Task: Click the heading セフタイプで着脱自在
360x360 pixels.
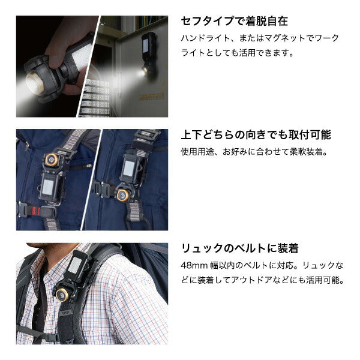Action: tap(234, 22)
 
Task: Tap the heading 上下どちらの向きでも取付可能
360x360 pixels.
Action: tap(256, 135)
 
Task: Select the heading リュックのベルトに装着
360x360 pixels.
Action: tap(239, 248)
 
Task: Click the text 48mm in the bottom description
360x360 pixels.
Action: tap(194, 265)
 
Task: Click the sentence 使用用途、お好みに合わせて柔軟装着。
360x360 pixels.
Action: tap(254, 152)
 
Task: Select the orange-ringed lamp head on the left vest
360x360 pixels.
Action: tap(52, 159)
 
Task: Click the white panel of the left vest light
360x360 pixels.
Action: tap(48, 187)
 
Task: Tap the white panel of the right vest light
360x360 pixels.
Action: tap(129, 169)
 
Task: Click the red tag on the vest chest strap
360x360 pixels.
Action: tap(34, 211)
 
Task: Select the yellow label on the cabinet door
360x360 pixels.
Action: tap(151, 97)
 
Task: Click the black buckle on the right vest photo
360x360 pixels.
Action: tap(103, 190)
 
